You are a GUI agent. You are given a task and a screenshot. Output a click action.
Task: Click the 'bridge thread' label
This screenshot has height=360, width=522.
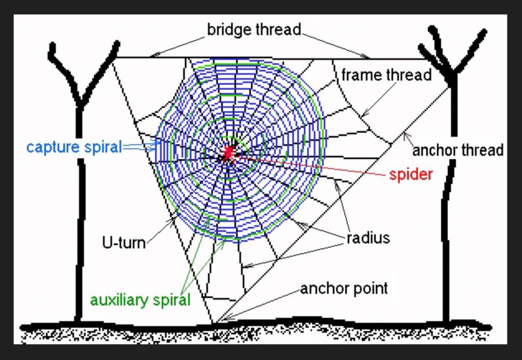coord(253,30)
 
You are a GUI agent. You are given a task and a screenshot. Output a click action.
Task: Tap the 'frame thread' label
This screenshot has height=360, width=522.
coord(386,75)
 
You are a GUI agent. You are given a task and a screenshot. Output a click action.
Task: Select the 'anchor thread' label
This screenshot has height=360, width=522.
coord(457,150)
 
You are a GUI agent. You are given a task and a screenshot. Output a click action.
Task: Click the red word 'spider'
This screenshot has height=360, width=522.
coord(411,174)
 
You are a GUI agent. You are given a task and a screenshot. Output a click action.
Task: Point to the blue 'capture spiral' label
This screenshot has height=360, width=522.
coord(74,147)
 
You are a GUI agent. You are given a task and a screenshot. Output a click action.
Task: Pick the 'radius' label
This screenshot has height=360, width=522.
coord(368,238)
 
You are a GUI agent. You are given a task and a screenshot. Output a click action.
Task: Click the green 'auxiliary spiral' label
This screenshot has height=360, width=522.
coord(140,300)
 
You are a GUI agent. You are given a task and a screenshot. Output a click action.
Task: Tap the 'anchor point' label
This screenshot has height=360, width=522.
coord(344,289)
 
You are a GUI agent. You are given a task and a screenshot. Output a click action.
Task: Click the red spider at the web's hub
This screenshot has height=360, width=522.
coord(227,153)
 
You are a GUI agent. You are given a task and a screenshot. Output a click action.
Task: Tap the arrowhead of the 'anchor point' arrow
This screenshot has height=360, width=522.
coord(225,319)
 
